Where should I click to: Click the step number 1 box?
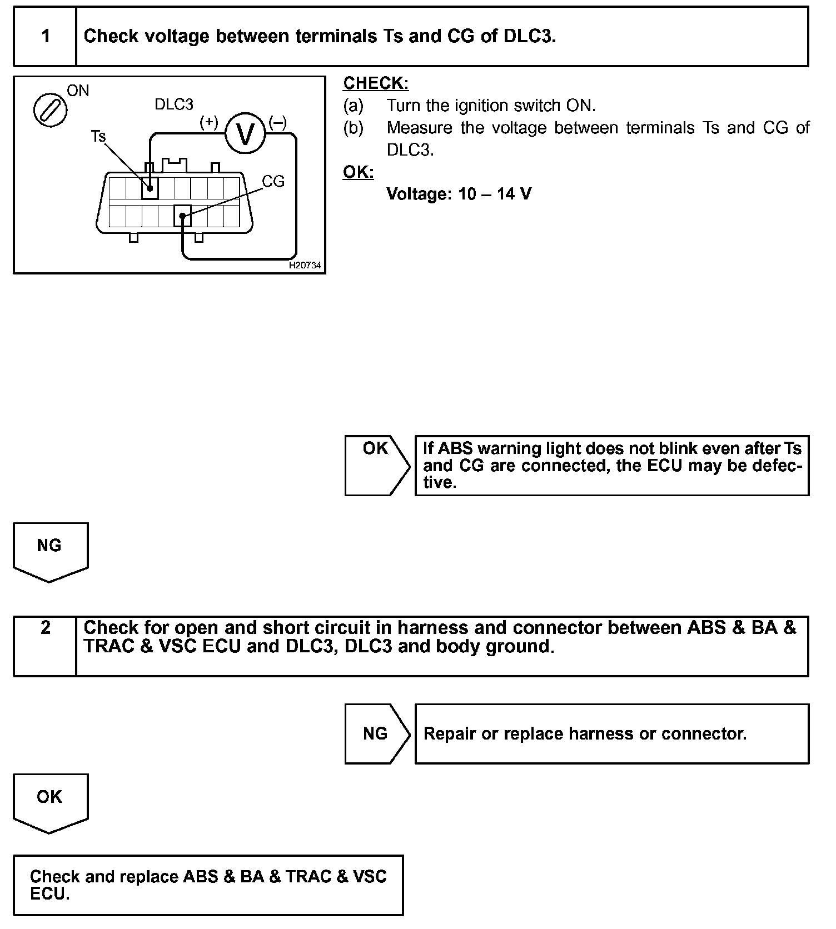(x=45, y=37)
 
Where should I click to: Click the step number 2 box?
(x=45, y=646)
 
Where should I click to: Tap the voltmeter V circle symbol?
(x=245, y=134)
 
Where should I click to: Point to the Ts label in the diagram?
(x=98, y=136)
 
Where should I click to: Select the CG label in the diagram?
(x=273, y=182)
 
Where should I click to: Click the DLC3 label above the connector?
(x=174, y=104)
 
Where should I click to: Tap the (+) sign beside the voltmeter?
(x=209, y=122)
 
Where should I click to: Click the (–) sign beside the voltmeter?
(x=278, y=122)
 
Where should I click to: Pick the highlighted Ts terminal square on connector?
(x=150, y=188)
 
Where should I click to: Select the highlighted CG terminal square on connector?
(x=182, y=216)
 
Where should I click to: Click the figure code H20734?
(x=305, y=266)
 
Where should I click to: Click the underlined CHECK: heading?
(x=376, y=83)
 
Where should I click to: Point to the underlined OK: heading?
(x=359, y=172)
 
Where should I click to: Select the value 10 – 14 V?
(x=495, y=194)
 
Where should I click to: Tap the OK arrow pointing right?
(x=376, y=466)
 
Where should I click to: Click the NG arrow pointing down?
(x=50, y=551)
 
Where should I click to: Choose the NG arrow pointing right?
(x=376, y=734)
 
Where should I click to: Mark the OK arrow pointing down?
(x=50, y=802)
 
